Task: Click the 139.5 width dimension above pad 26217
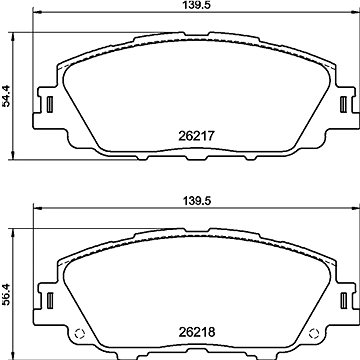[194, 7]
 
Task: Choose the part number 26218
[196, 330]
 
